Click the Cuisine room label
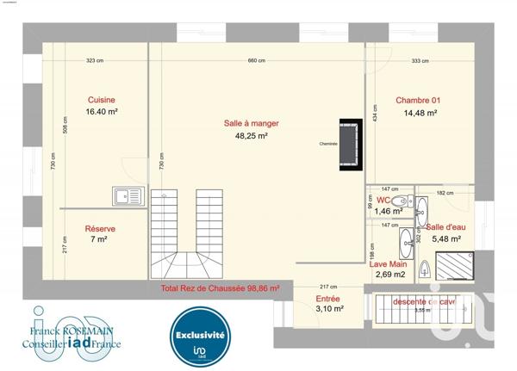coord(101,100)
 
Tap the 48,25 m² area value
coord(251,135)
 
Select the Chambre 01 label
coord(415,101)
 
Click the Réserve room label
coord(100,228)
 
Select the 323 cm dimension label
coord(95,60)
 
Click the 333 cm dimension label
coord(420,60)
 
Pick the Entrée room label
coord(305,299)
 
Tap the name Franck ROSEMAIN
coord(72,330)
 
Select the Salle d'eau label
coord(445,227)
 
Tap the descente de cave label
coord(423,302)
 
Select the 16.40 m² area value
coord(101,112)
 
